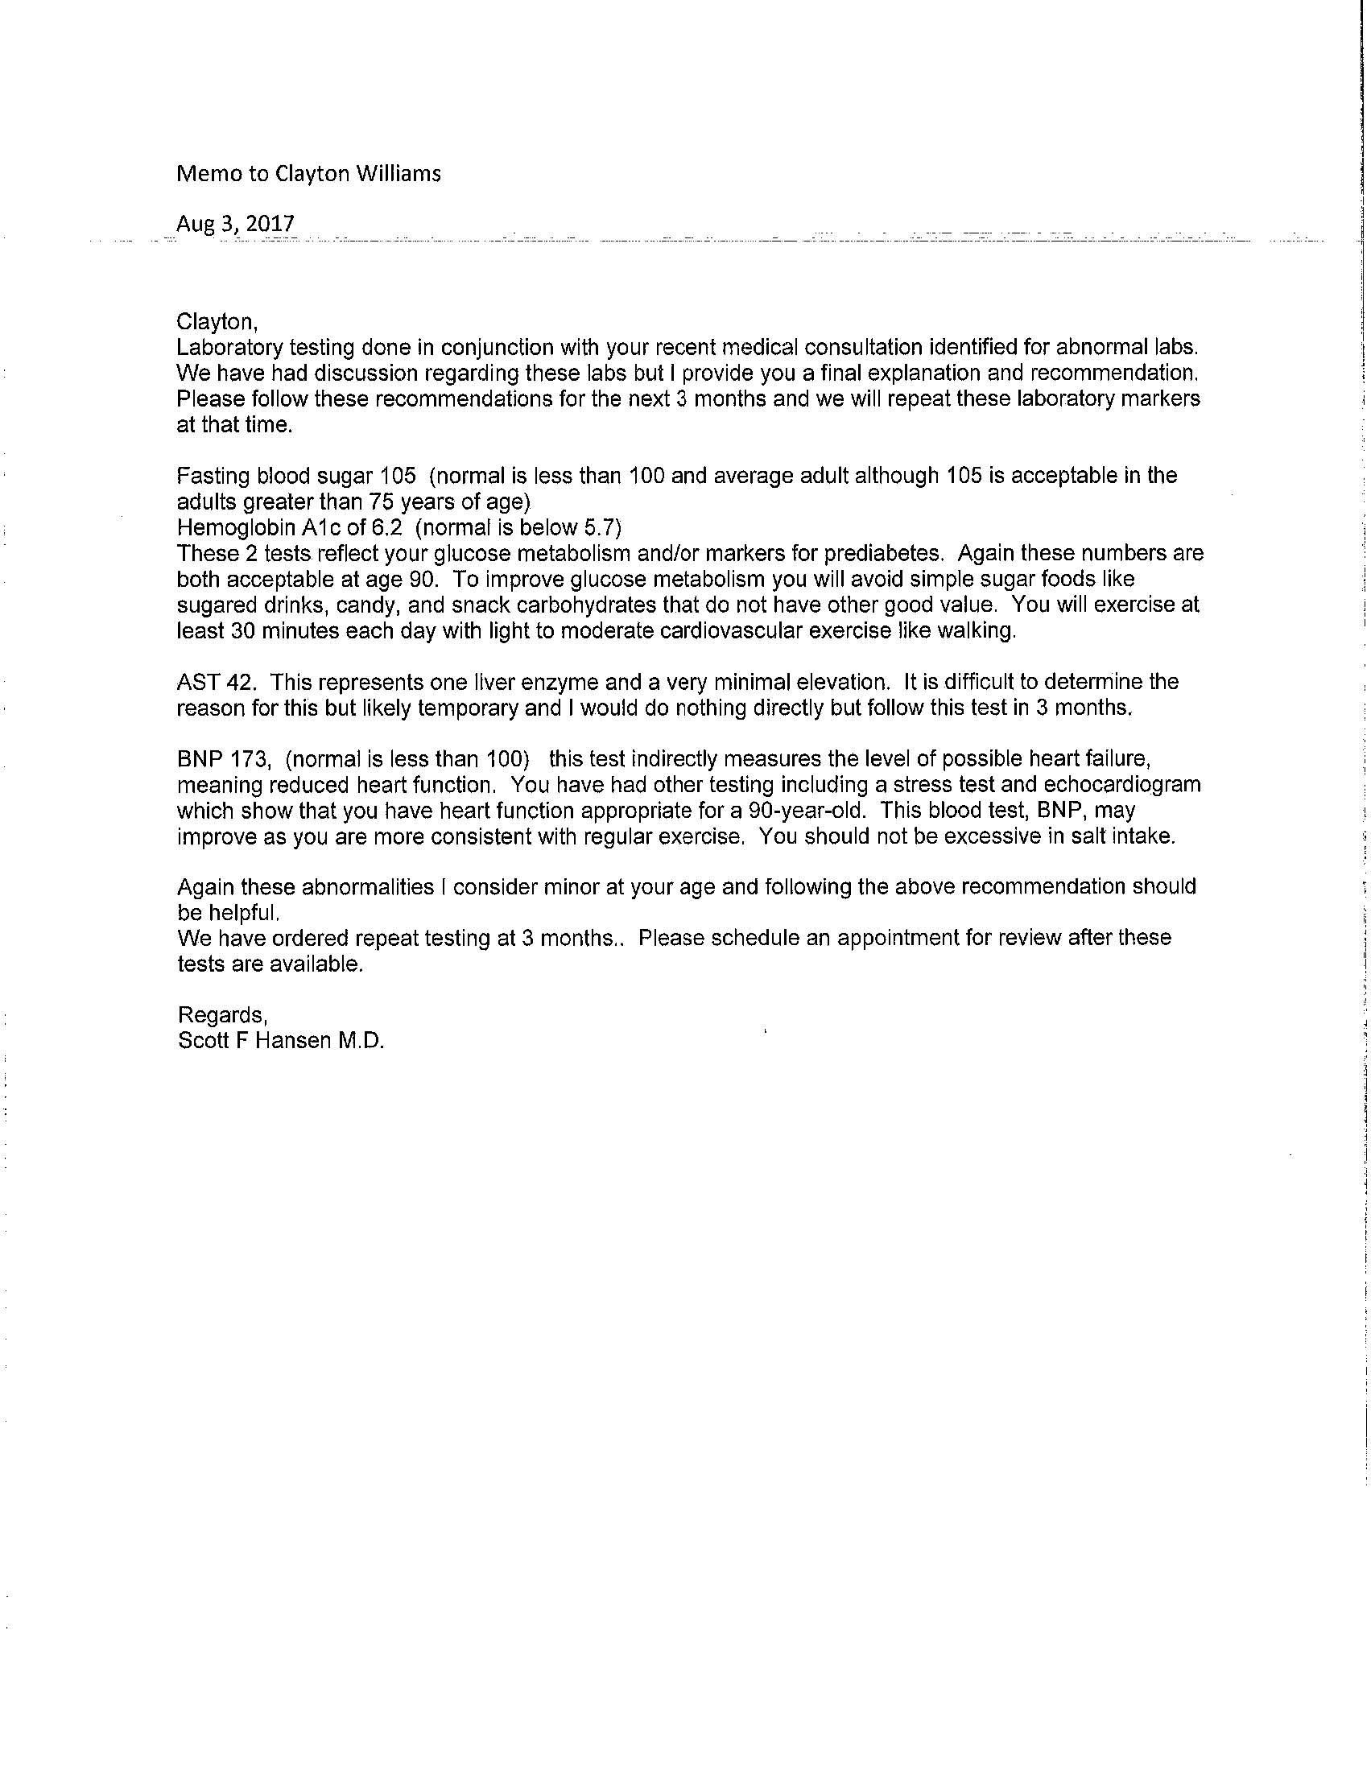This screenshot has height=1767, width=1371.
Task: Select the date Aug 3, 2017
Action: point(236,224)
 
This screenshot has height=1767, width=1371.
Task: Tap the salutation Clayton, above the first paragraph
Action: point(217,322)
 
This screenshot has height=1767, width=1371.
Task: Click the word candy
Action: point(349,605)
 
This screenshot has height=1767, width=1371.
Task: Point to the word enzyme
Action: point(550,682)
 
